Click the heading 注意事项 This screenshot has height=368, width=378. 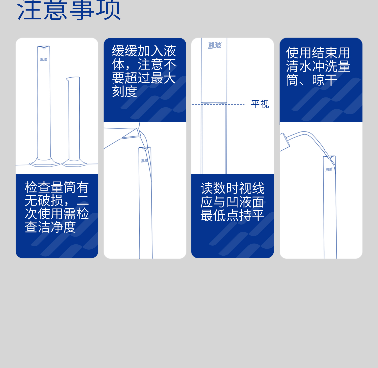pyautogui.click(x=69, y=11)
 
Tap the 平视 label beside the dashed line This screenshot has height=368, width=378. pyautogui.click(x=260, y=104)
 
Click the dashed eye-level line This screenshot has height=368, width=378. pyautogui.click(x=218, y=104)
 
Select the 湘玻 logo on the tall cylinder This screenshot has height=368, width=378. pyautogui.click(x=43, y=59)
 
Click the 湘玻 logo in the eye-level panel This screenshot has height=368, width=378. pyautogui.click(x=214, y=45)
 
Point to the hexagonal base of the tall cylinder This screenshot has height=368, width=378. pyautogui.click(x=44, y=162)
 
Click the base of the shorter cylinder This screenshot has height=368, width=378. pyautogui.click(x=74, y=163)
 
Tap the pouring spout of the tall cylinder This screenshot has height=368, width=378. pyautogui.click(x=44, y=47)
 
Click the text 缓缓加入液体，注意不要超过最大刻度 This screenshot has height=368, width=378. pyautogui.click(x=144, y=71)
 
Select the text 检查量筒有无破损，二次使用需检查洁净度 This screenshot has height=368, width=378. pyautogui.click(x=57, y=207)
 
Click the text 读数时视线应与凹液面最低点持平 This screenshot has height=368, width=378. pyautogui.click(x=232, y=202)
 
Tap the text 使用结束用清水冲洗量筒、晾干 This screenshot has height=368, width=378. pyautogui.click(x=318, y=66)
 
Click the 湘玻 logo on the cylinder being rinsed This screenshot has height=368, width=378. pyautogui.click(x=329, y=169)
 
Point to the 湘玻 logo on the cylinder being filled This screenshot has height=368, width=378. pyautogui.click(x=144, y=160)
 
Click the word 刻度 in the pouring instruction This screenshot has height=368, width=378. pyautogui.click(x=124, y=91)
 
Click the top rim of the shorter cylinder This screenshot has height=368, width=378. pyautogui.click(x=73, y=78)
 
